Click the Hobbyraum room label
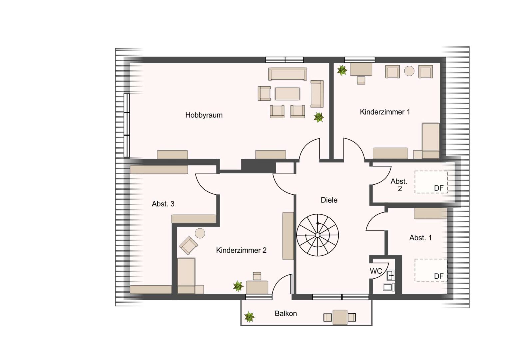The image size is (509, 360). (204, 115)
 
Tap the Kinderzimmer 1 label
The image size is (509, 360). (385, 112)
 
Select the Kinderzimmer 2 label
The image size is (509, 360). (241, 250)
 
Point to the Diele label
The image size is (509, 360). (329, 200)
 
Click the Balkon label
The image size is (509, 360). (285, 313)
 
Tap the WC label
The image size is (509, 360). (376, 271)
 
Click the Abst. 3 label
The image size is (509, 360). (163, 204)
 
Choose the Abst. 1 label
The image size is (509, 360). (420, 238)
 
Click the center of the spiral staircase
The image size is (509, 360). (317, 235)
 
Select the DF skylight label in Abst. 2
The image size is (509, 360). (439, 188)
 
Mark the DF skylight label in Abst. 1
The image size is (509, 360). (439, 276)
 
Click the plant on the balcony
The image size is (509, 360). (249, 317)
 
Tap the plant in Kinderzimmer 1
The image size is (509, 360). (342, 70)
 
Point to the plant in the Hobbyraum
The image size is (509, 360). (319, 117)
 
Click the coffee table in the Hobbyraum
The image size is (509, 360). (287, 94)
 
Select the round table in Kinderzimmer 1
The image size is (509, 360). (409, 71)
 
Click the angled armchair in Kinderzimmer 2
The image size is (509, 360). (188, 245)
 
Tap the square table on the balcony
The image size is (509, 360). (340, 317)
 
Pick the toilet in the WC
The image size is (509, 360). (388, 287)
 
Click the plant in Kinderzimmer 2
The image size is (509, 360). (238, 286)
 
